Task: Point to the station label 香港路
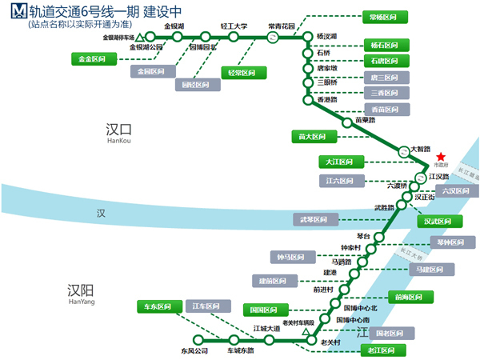(327, 99)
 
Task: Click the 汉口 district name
(118, 129)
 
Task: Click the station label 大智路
(420, 149)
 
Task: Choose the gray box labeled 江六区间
(342, 181)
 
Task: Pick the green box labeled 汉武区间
(438, 222)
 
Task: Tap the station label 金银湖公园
(146, 47)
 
